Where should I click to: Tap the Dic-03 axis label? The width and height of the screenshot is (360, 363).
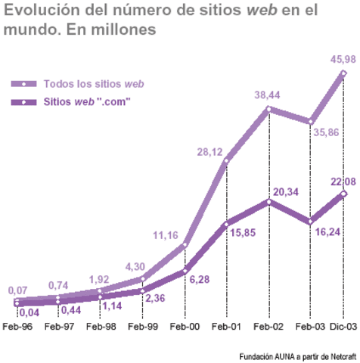click(341, 326)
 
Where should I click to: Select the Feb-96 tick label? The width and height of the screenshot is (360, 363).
click(17, 326)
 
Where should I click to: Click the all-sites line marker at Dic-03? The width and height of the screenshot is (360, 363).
click(344, 73)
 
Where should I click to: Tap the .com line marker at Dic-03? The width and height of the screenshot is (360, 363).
click(344, 194)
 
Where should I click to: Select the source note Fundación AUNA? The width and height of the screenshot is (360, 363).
click(296, 355)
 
